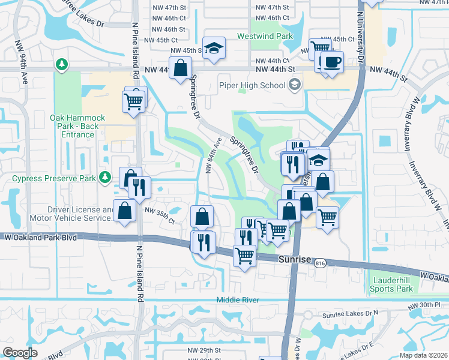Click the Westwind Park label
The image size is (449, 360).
(268, 36)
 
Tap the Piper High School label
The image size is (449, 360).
(252, 85)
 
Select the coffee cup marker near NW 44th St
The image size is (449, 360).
(331, 62)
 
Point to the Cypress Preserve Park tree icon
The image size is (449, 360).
(105, 176)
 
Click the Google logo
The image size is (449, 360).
(20, 352)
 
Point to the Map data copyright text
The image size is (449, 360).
(424, 355)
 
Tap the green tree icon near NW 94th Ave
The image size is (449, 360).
(61, 63)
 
